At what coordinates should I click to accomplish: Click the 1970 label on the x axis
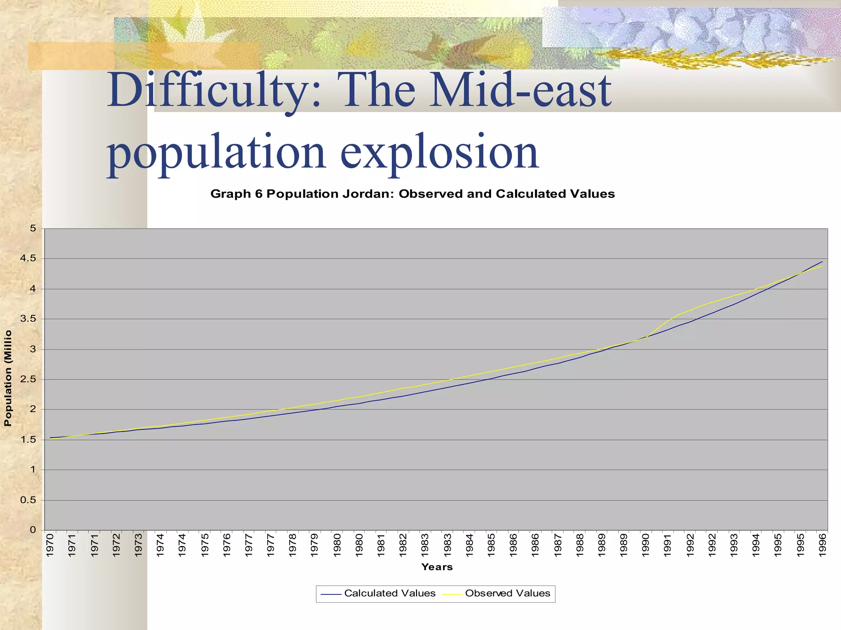coord(50,545)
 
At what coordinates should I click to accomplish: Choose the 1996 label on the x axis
coord(822,545)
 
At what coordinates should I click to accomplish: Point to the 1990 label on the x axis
coord(646,545)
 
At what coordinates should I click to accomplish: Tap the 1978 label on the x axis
coord(292,545)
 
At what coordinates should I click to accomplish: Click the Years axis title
coord(437,567)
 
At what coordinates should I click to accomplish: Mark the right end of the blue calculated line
coord(822,262)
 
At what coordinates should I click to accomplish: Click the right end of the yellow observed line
coord(822,266)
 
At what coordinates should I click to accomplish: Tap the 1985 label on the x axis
coord(491,545)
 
